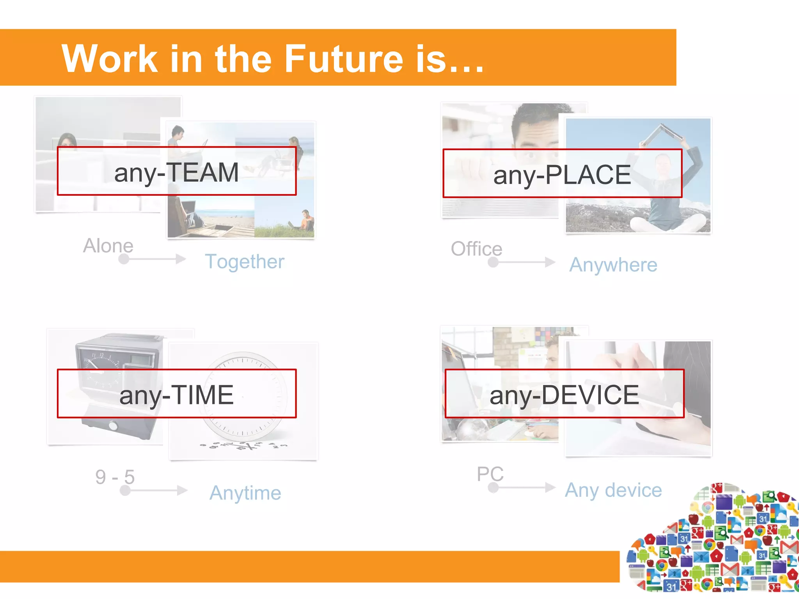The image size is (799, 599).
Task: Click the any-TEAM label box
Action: click(177, 171)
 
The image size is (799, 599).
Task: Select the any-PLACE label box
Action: click(562, 174)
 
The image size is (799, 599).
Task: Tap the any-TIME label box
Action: click(177, 394)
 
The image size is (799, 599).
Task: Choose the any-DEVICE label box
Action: click(565, 394)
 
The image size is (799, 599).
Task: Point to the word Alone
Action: click(108, 246)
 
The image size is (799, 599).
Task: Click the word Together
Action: click(245, 261)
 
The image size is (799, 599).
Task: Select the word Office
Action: click(476, 249)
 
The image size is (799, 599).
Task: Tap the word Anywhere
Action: click(613, 265)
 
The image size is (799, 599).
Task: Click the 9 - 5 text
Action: click(115, 477)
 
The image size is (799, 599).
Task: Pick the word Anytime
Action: click(245, 493)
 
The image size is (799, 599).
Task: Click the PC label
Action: click(490, 474)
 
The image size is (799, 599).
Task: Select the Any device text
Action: click(613, 490)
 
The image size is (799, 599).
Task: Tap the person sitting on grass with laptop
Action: click(306, 220)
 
